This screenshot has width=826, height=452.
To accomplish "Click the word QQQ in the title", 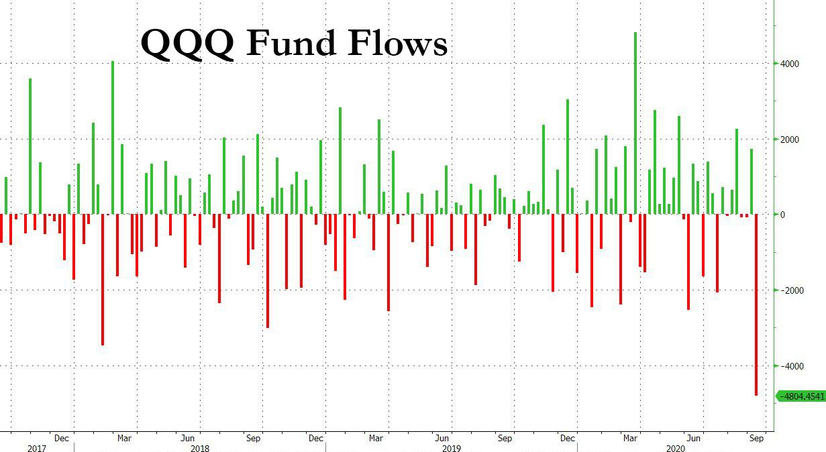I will click(187, 44).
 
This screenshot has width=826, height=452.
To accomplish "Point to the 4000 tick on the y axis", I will click(789, 64).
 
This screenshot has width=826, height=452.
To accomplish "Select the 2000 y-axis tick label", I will click(789, 139).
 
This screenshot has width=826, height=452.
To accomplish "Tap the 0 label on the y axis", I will click(782, 215).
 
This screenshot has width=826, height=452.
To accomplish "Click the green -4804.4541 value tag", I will click(801, 396).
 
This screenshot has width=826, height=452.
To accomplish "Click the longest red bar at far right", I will click(756, 305).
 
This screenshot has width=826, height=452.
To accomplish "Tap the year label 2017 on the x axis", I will click(37, 447).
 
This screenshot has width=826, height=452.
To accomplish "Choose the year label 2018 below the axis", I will click(200, 447).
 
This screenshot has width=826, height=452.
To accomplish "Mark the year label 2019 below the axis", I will click(451, 447).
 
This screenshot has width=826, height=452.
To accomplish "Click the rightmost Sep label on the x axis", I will click(756, 438).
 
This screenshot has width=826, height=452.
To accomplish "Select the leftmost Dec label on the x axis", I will click(62, 438).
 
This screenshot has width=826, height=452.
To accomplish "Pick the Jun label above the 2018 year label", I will click(188, 438).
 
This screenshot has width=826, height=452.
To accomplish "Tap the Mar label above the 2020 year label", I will click(630, 438).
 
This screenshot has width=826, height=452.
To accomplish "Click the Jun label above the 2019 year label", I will click(442, 438).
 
